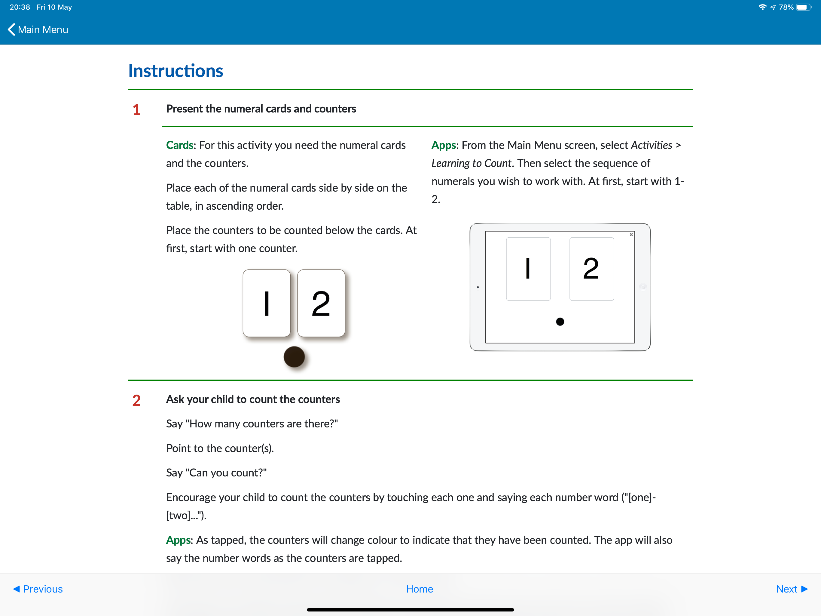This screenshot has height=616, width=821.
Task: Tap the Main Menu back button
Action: coord(38,30)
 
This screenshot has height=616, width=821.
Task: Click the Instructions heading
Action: coord(175,71)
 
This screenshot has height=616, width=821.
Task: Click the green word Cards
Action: coord(180,145)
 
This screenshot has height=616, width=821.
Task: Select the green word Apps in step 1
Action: coord(444,145)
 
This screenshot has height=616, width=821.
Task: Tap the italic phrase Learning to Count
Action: coord(472,163)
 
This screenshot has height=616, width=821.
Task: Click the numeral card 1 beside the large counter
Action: coord(267,303)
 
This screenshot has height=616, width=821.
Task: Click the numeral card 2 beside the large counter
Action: coord(321,303)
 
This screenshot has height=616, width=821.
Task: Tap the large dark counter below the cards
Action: coord(294,357)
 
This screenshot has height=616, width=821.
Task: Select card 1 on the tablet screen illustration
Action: coord(528,269)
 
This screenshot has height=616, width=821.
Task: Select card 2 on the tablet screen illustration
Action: coord(591,269)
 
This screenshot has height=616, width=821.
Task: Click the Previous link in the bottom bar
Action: coord(38,589)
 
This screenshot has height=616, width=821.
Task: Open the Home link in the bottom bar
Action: coord(420,589)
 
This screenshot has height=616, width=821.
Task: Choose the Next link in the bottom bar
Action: coord(791,589)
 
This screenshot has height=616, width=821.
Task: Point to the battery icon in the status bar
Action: coord(803,8)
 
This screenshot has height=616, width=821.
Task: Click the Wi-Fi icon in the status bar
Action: coord(762,8)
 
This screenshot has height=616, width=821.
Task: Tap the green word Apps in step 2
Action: coord(179,540)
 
